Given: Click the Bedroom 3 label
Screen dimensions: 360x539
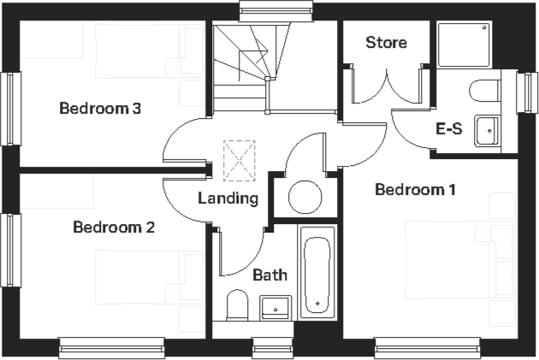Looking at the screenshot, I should [x=100, y=109].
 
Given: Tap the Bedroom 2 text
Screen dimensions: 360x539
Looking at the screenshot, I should [x=114, y=227].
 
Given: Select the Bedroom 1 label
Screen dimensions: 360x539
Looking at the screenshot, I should [x=415, y=189].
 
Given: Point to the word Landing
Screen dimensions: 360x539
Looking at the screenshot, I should [x=228, y=198].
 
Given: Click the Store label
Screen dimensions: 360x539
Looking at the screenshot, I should [x=386, y=43].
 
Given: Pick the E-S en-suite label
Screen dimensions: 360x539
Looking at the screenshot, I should [x=449, y=130].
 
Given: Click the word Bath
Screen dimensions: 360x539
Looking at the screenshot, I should [x=269, y=275].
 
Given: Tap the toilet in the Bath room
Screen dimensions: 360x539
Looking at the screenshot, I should [x=237, y=304].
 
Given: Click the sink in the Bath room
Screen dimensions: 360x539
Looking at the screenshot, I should [x=275, y=304].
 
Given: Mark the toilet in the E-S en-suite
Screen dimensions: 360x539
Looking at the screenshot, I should [x=485, y=91].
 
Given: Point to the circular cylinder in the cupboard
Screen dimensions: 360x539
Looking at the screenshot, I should [x=304, y=198].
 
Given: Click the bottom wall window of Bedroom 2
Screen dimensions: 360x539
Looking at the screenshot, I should [x=111, y=348].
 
